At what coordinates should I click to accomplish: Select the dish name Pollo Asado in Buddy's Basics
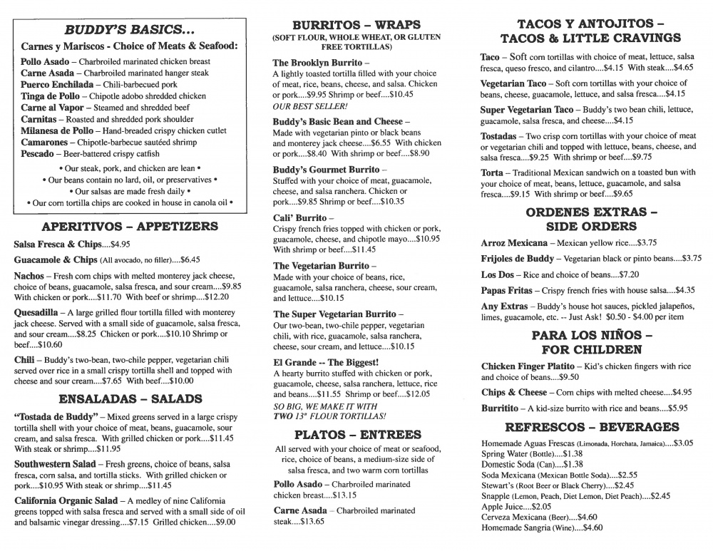(x=45, y=62)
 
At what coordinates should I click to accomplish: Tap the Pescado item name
(x=41, y=153)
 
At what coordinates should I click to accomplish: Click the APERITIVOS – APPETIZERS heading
(x=130, y=227)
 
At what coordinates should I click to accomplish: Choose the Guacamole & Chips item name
(x=56, y=260)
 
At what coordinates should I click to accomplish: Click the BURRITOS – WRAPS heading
(x=356, y=24)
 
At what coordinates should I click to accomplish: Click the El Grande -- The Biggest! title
(x=325, y=362)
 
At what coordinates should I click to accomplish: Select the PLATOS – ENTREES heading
(x=356, y=434)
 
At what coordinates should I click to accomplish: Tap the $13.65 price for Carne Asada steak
(x=310, y=521)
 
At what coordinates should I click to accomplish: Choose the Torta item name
(x=494, y=172)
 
